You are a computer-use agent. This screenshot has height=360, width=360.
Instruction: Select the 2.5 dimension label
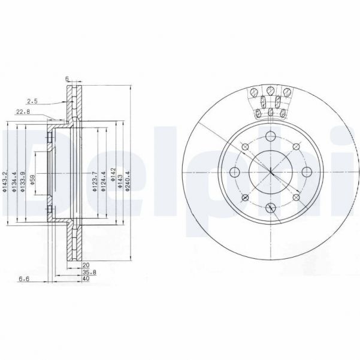pyautogui.click(x=32, y=102)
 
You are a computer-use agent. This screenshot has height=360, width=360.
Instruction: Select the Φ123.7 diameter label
pyautogui.click(x=95, y=181)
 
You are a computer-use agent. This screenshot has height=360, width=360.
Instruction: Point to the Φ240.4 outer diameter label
pyautogui.click(x=128, y=181)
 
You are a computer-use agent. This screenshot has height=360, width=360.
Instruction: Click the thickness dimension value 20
pyautogui.click(x=86, y=264)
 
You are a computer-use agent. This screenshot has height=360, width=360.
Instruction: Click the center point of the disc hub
pyautogui.click(x=270, y=173)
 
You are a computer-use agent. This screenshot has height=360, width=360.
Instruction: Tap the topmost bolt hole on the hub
pyautogui.click(x=270, y=135)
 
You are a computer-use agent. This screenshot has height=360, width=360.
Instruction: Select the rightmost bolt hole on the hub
pyautogui.click(x=307, y=173)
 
